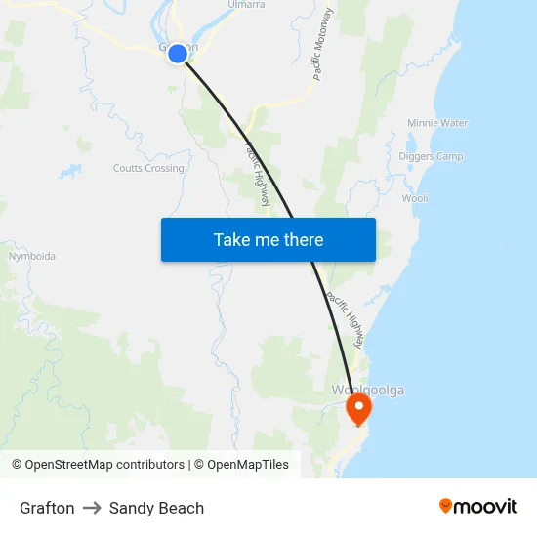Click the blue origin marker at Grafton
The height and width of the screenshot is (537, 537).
(x=178, y=54)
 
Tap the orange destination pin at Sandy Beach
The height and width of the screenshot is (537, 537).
(x=359, y=407)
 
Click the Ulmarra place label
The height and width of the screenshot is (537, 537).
(x=246, y=5)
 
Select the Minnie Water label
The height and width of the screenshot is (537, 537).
(x=437, y=124)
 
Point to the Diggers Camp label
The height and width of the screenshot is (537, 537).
(x=431, y=156)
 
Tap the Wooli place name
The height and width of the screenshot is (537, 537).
(x=415, y=198)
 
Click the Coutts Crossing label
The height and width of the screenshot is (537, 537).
(x=148, y=169)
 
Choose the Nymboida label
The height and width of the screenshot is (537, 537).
(x=31, y=257)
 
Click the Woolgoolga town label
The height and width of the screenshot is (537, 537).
(x=367, y=391)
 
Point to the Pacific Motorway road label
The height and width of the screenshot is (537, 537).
(x=324, y=44)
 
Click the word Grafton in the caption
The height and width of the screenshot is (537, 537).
(x=47, y=508)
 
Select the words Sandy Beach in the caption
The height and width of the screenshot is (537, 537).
(x=156, y=508)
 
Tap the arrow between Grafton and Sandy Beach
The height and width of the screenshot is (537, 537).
(x=92, y=508)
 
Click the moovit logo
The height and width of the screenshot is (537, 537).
(x=477, y=507)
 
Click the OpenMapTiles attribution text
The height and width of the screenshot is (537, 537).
(x=247, y=465)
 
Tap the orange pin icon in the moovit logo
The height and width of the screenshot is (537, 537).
(x=446, y=506)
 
